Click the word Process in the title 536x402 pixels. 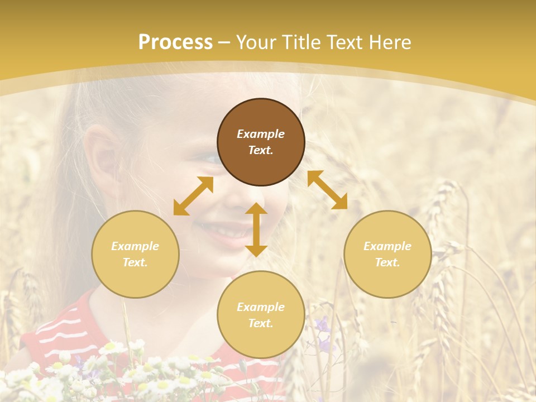click(175, 42)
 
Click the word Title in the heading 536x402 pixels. click(301, 42)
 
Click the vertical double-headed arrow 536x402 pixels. click(256, 229)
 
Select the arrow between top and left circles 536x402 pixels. click(193, 196)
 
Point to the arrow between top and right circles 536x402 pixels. click(328, 190)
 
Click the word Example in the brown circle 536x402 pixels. click(261, 134)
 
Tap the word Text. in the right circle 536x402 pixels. click(387, 262)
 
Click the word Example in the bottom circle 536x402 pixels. click(261, 307)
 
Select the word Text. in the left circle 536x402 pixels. click(135, 262)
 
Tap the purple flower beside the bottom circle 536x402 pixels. click(322, 324)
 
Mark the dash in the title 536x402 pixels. click(224, 43)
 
